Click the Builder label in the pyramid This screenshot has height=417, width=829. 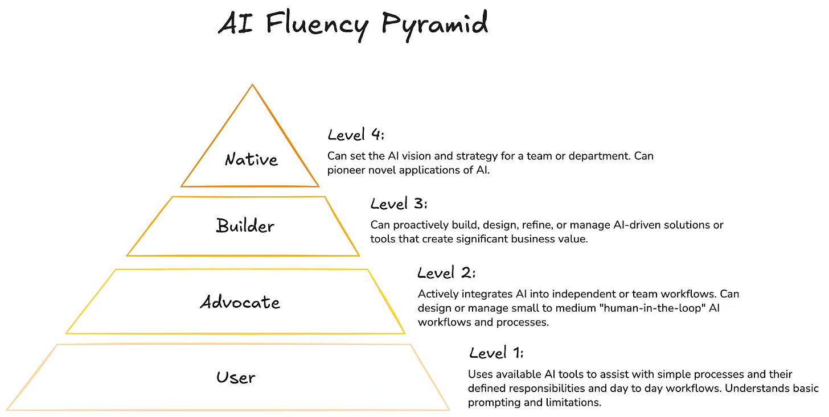pyautogui.click(x=245, y=226)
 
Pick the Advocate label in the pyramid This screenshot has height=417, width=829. pyautogui.click(x=240, y=302)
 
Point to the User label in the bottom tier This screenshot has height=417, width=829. pyautogui.click(x=236, y=377)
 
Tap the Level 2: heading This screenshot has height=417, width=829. pyautogui.click(x=446, y=273)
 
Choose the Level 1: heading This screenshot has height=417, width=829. pyautogui.click(x=496, y=353)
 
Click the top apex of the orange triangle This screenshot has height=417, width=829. pyautogui.click(x=252, y=86)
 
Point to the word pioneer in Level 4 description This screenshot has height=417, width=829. pyautogui.click(x=346, y=170)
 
